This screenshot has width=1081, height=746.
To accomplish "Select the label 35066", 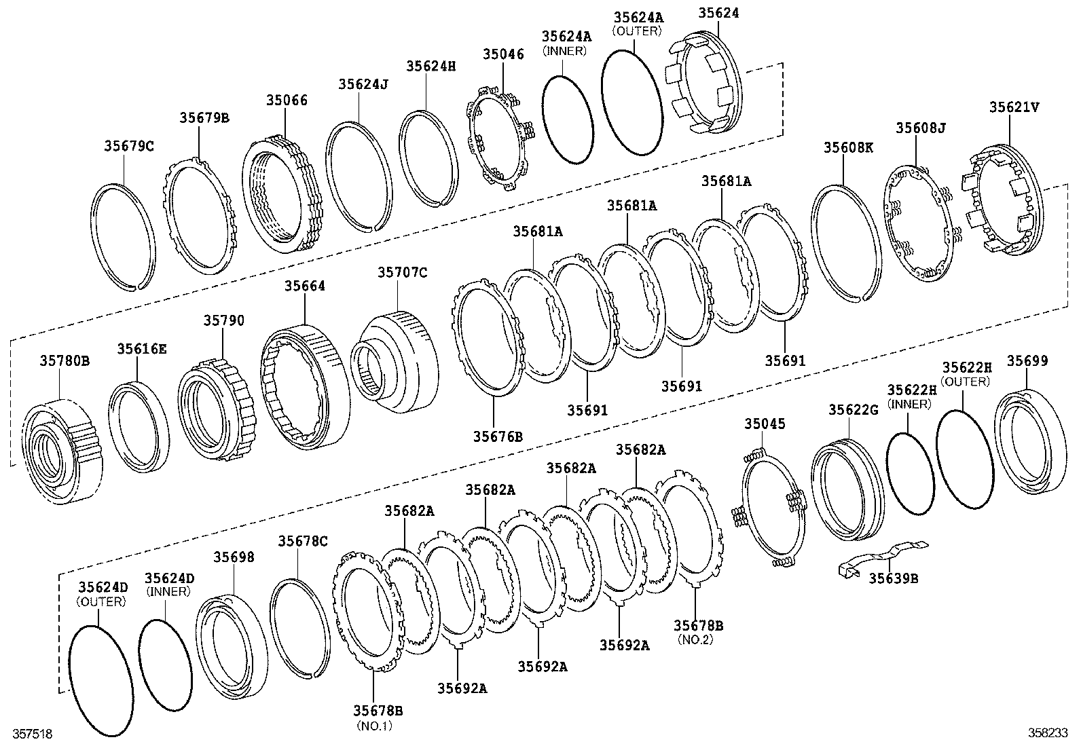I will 286,100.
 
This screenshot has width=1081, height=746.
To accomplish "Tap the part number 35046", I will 503,54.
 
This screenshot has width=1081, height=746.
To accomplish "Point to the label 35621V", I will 1014,107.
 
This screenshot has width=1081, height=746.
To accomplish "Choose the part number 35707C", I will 402,273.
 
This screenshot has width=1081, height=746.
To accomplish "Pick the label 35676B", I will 498,436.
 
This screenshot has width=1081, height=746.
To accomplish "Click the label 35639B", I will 894,578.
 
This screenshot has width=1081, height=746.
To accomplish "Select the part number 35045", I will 765,424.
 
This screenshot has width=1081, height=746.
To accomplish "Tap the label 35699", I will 1027,361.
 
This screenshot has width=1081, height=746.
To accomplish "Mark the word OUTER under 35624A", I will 636,31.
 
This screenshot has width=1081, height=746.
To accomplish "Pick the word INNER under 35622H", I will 909,404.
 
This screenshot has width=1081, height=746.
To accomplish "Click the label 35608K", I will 848,147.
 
